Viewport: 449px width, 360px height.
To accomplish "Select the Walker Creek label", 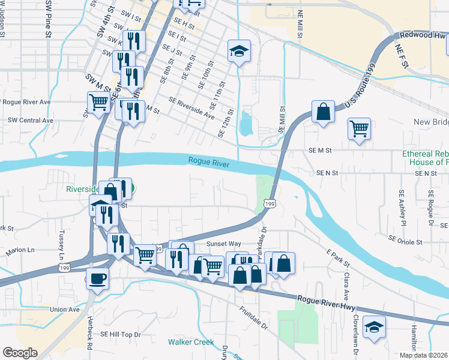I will point(191,342).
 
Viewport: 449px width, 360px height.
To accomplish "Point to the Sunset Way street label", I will point(223,244).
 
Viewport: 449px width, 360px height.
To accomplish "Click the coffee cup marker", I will point(97,278).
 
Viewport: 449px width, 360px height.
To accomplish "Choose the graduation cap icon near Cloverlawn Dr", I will point(374,327).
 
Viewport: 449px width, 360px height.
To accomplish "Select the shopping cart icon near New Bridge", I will point(359,128).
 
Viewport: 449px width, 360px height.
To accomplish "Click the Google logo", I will point(20,353).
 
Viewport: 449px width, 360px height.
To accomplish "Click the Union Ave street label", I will point(65,310).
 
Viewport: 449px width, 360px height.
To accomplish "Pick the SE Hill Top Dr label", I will point(120,334).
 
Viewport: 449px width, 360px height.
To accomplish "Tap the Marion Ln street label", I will point(20,250).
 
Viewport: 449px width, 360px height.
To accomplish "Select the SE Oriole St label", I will point(405,240).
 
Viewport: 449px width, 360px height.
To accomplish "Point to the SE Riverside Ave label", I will point(191,107).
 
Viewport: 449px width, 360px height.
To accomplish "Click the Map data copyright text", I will point(424,355).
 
